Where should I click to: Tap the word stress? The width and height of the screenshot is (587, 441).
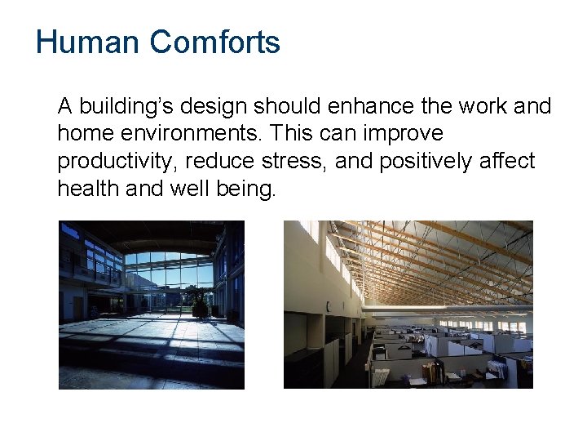[288, 162]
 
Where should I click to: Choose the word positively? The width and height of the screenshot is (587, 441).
[426, 162]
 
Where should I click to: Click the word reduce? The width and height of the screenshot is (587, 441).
[219, 162]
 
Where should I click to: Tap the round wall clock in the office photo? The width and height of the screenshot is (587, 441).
[328, 307]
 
